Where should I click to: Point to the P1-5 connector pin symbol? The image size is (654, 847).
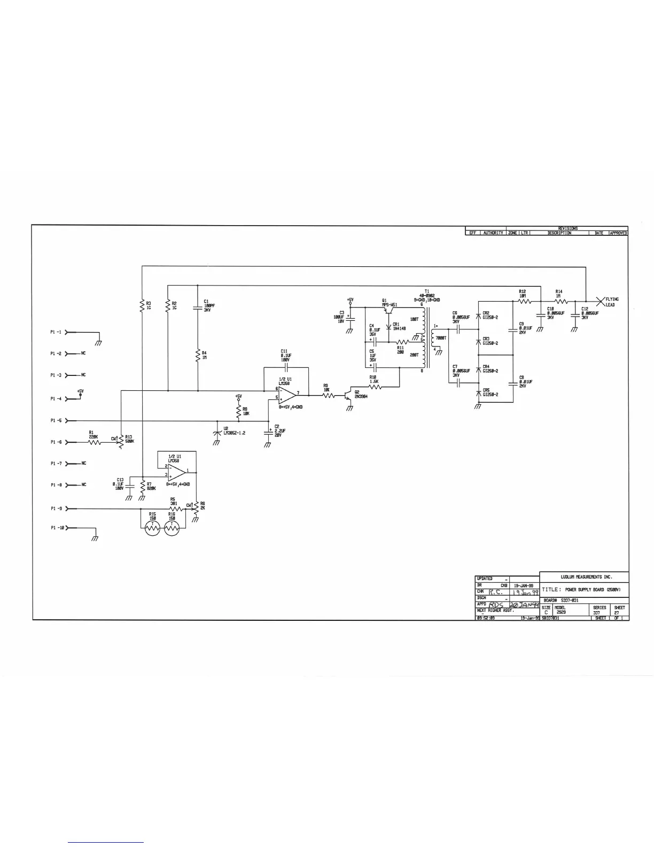(x=67, y=421)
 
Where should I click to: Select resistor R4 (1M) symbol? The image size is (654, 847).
(x=198, y=355)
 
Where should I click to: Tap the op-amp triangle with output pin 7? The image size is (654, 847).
(x=287, y=395)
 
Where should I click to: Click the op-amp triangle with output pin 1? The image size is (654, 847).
(x=178, y=472)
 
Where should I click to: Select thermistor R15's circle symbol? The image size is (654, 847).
(x=152, y=528)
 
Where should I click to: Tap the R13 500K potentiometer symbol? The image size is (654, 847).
(x=121, y=442)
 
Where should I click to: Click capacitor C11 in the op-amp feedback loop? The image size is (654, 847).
(x=286, y=368)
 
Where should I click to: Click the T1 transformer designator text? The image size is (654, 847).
(x=426, y=291)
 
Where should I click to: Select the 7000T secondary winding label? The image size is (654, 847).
(x=441, y=338)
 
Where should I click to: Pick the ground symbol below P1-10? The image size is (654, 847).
(x=95, y=538)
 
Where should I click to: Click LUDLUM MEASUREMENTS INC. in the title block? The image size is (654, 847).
(x=586, y=577)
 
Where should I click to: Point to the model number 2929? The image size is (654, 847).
(x=561, y=612)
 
